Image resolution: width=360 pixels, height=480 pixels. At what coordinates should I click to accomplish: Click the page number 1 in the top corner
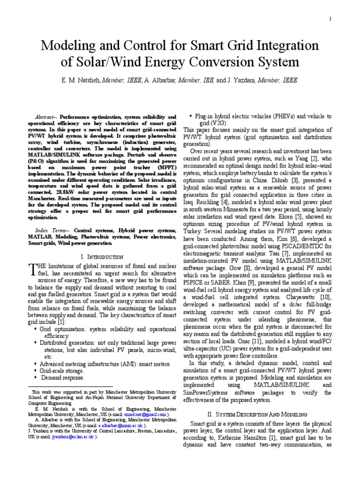[330, 19]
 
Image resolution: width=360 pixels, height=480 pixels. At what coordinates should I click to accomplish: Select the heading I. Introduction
[102, 257]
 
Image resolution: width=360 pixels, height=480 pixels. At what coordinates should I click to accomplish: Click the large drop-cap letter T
[31, 269]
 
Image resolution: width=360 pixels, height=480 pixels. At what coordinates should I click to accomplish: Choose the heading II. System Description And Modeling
[257, 414]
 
